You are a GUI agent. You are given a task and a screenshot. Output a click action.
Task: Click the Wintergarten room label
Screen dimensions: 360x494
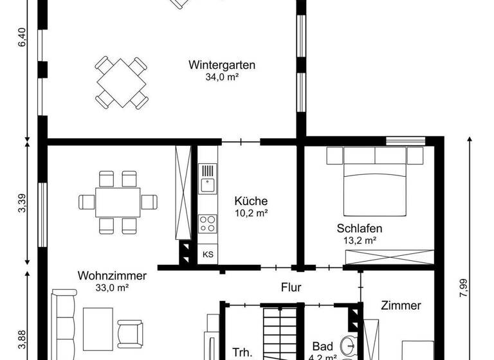point(222,65)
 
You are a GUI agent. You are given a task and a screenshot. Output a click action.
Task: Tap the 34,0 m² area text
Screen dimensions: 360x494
point(222,77)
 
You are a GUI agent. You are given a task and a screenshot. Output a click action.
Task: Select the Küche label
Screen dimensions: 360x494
point(251,201)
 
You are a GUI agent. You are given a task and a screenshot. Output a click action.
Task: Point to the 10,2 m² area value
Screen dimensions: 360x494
point(251,213)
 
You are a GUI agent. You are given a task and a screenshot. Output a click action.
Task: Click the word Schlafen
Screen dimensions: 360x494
point(360,228)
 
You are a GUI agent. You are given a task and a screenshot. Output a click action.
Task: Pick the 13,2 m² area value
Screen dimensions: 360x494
point(360,240)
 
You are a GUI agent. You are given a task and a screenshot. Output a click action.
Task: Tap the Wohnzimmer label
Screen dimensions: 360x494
point(112,276)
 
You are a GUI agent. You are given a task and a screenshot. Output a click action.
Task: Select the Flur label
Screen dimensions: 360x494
point(291,288)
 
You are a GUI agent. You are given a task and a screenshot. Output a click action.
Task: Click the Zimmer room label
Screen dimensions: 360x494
point(400,305)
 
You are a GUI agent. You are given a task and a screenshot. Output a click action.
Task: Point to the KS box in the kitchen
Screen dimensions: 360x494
point(208,254)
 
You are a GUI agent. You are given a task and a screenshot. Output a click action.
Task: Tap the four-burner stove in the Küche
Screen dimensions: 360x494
point(207,223)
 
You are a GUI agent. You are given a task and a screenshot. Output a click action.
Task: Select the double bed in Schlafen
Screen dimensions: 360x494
point(376,182)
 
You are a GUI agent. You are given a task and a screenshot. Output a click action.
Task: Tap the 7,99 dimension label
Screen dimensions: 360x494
point(462,285)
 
